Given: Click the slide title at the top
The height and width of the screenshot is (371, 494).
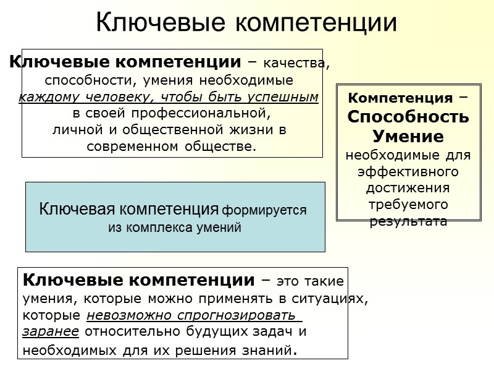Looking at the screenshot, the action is coord(247,22).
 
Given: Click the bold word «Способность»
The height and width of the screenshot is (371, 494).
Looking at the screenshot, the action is coord(408,116).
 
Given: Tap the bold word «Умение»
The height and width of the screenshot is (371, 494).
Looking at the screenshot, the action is coord(408,135).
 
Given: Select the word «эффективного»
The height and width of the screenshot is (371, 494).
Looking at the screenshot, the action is coord(408,171).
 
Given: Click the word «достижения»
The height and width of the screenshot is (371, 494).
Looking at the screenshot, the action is coord(408,187).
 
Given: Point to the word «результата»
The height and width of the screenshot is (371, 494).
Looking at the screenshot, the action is coord(408,221).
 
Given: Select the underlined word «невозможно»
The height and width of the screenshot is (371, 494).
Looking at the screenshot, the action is coord(120,316).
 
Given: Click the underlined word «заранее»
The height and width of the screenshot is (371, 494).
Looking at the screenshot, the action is coord(51,333).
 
